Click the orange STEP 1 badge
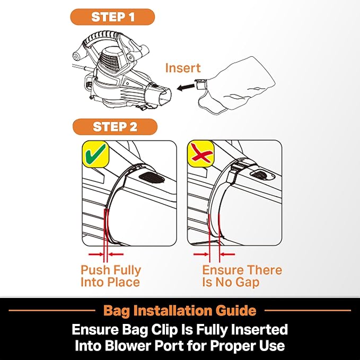(x=112, y=17)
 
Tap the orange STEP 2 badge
(x=115, y=127)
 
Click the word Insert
(x=183, y=68)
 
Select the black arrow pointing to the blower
(x=186, y=87)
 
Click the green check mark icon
(x=95, y=154)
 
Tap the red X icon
(x=200, y=154)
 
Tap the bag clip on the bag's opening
(x=200, y=84)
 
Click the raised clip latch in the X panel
(x=236, y=170)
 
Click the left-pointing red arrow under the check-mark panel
(x=116, y=254)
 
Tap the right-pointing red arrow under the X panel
(x=201, y=254)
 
